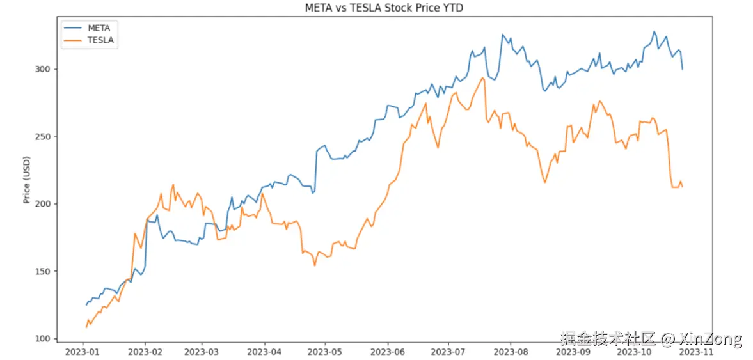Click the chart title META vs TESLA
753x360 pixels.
click(x=376, y=8)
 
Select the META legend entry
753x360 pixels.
click(x=99, y=28)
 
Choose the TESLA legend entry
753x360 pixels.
click(x=100, y=40)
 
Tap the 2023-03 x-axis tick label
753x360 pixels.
click(x=202, y=351)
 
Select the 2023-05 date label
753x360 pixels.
click(x=325, y=351)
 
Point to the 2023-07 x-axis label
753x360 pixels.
click(x=448, y=351)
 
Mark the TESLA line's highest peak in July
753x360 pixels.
click(x=482, y=78)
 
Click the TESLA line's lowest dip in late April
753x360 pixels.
click(x=315, y=265)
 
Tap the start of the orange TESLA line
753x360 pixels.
click(x=86, y=327)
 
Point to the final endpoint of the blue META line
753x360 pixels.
click(x=683, y=69)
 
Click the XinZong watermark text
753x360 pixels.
click(x=710, y=339)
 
